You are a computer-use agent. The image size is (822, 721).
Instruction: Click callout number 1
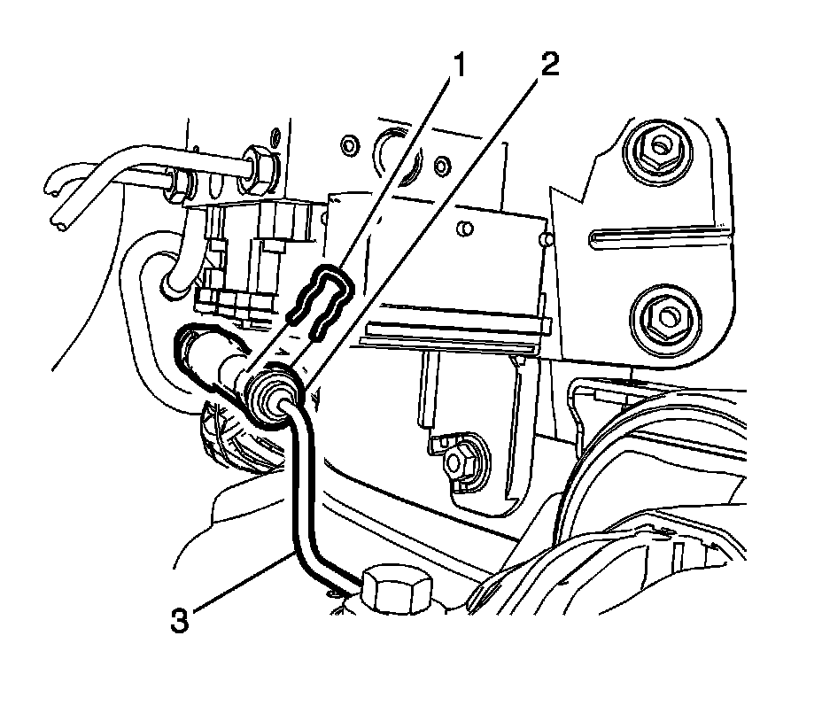point(458,66)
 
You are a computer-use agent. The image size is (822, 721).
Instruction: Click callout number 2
point(549,65)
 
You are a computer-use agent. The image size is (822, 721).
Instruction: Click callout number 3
point(179,621)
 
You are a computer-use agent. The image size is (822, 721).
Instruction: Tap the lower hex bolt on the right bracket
point(666,316)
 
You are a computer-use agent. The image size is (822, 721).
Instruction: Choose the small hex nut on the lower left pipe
point(178,183)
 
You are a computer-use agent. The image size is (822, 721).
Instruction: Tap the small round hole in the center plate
point(465,229)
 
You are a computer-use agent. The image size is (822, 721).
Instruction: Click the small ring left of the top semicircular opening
point(349,144)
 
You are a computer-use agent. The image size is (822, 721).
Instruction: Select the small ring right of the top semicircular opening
point(443,166)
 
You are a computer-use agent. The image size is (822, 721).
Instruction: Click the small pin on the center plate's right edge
point(546,240)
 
